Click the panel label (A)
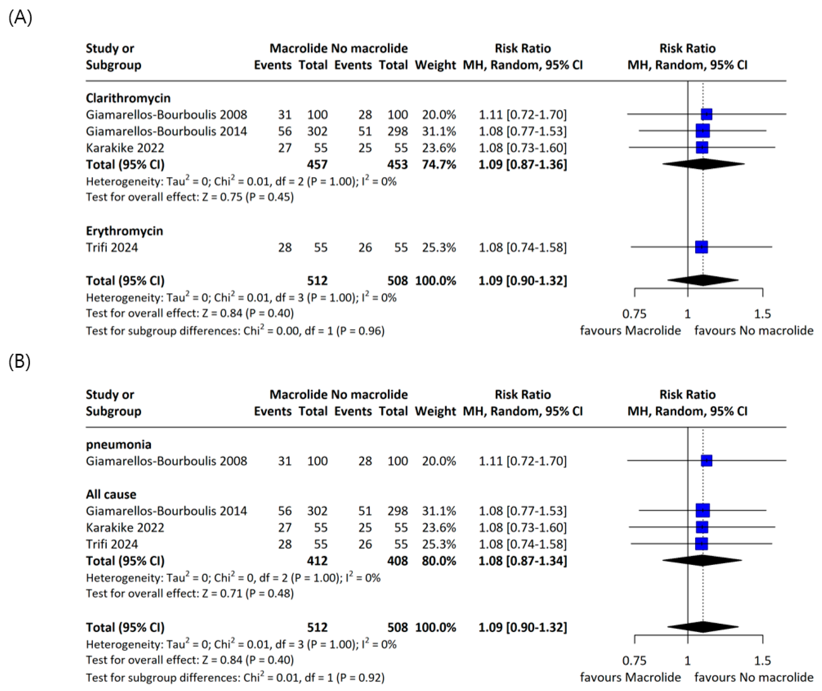[20, 18]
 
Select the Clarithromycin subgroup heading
[128, 98]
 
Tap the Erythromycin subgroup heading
[125, 231]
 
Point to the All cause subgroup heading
[111, 494]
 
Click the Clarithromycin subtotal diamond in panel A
[703, 164]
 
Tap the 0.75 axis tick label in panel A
[634, 314]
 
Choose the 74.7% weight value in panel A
[439, 164]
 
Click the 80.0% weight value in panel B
[439, 561]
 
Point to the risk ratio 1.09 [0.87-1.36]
[523, 164]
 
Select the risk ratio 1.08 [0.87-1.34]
[523, 561]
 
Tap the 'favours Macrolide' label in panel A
[630, 331]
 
